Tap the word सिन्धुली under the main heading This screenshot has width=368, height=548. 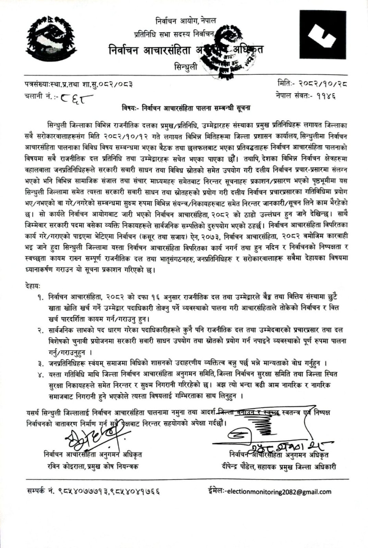click(186, 67)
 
